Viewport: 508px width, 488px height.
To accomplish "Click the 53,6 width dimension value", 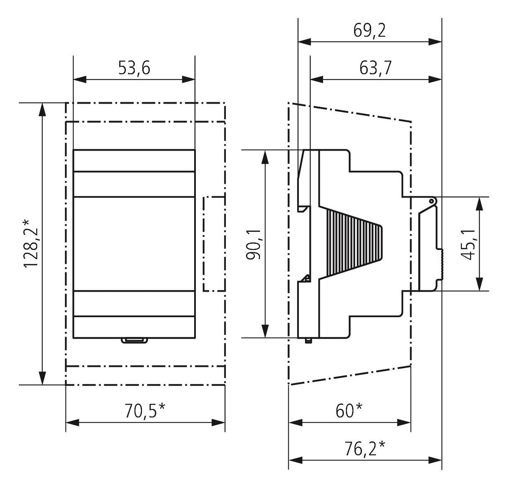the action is coord(134,68).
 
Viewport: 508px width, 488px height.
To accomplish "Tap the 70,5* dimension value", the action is coord(145,411).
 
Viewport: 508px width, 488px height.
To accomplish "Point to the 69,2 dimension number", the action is coord(369,31).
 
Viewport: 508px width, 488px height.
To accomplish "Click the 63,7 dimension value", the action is coord(375,68).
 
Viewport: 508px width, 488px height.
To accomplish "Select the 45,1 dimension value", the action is coord(468,244).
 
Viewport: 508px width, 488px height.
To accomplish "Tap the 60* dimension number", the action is coord(349,411).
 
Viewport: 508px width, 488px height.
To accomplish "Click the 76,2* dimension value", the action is coord(365,449).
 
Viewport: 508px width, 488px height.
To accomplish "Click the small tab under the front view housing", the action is coord(134,341).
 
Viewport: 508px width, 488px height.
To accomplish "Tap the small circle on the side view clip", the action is coord(431,201).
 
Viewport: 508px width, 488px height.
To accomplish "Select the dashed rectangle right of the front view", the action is coord(214,244).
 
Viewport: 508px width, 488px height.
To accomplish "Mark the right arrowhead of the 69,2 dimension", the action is coord(435,42).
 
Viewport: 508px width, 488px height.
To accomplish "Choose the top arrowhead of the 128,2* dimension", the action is coord(42,109).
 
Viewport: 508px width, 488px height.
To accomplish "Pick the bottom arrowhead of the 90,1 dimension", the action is coord(265,331).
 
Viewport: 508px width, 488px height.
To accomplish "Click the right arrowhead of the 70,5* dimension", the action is coord(218,423).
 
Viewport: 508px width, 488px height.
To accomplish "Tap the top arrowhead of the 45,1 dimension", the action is coord(479,203).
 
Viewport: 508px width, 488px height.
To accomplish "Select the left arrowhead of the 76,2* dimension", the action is coord(295,460).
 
